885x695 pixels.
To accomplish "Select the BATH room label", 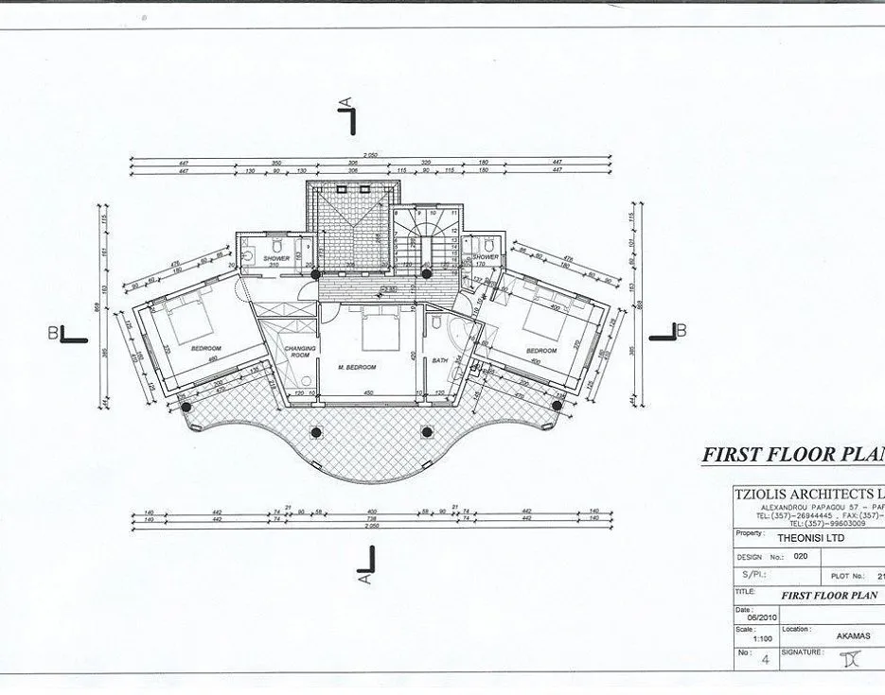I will [440, 360].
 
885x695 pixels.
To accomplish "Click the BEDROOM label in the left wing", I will [205, 349].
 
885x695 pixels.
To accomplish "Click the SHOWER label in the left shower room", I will [276, 257].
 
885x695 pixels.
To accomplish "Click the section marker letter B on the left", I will [53, 331].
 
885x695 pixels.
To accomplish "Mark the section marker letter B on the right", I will [681, 329].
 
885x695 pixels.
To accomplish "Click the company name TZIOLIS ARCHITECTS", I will [805, 494].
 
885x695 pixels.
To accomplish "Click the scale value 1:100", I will [749, 637].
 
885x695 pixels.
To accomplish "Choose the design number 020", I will [801, 556].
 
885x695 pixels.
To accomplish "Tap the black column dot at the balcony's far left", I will [186, 407].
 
